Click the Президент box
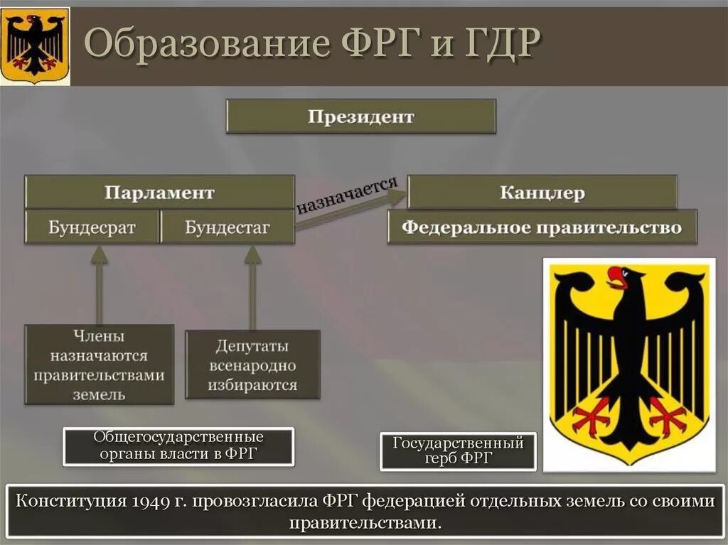coord(360,117)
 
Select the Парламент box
coord(159,193)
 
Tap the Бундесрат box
coord(92,228)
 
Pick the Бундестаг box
coord(227,228)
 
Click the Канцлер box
coord(542,193)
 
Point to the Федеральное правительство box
coord(542,228)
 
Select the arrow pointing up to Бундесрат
coord(100,284)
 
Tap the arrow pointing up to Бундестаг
coord(252,284)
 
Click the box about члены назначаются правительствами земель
coord(100,365)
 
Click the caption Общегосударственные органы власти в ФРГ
coord(178,446)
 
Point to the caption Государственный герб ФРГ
coord(458,450)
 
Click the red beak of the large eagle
coord(616,276)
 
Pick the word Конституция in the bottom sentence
coord(71,502)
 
